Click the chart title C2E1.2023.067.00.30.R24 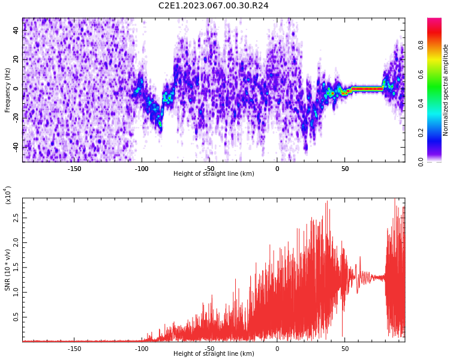pyautogui.click(x=213, y=5)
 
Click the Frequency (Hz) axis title pyautogui.click(x=7, y=90)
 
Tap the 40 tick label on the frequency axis pyautogui.click(x=16, y=30)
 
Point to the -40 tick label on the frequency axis pyautogui.click(x=16, y=148)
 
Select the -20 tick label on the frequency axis pyautogui.click(x=16, y=118)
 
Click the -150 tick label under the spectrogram pyautogui.click(x=74, y=169)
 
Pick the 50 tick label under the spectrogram pyautogui.click(x=345, y=169)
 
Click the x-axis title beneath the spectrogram pyautogui.click(x=214, y=173)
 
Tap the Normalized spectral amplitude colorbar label pyautogui.click(x=445, y=90)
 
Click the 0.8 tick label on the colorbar pyautogui.click(x=421, y=46)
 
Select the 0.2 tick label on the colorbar pyautogui.click(x=421, y=133)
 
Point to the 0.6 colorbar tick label pyautogui.click(x=421, y=74)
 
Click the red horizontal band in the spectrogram pyautogui.click(x=367, y=89)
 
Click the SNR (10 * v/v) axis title pyautogui.click(x=7, y=269)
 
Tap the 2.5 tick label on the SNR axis pyautogui.click(x=16, y=218)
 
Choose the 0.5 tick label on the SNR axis pyautogui.click(x=16, y=317)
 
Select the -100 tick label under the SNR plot pyautogui.click(x=142, y=349)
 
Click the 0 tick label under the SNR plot pyautogui.click(x=277, y=349)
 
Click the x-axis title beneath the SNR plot pyautogui.click(x=214, y=353)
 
